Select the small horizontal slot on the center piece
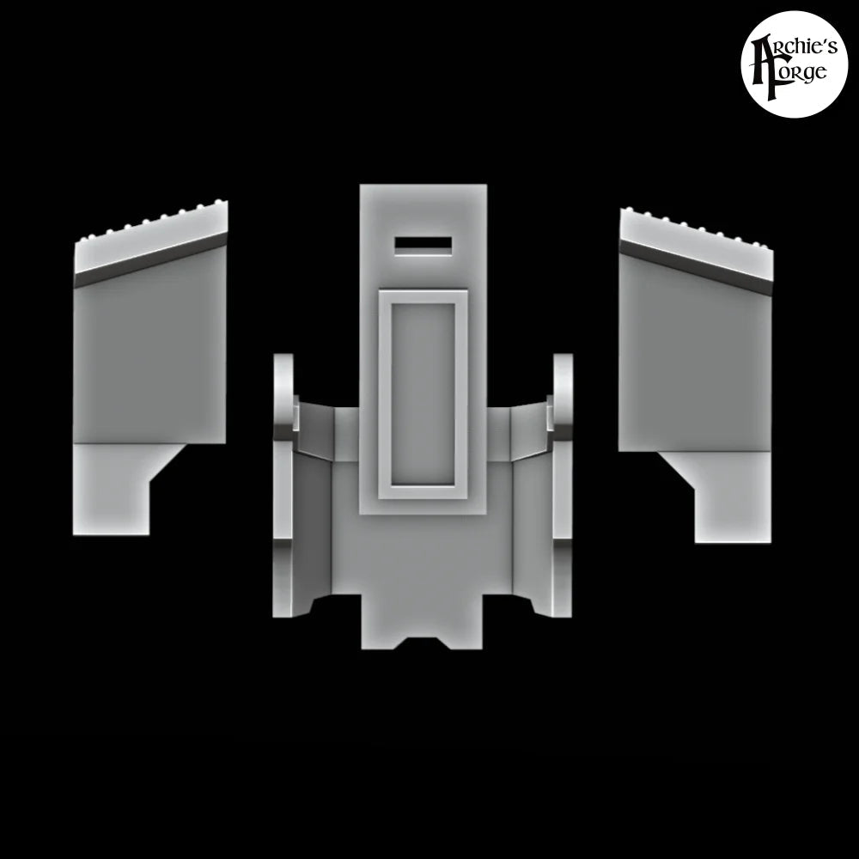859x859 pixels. [423, 246]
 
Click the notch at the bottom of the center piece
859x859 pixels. [423, 642]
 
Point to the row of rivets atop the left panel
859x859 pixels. [155, 222]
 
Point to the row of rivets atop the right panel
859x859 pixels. [696, 226]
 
